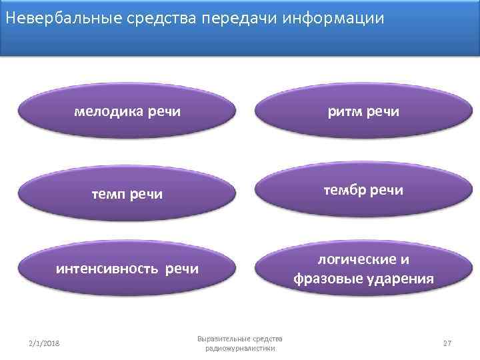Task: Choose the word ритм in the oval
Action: pos(343,111)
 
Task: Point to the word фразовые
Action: pos(326,279)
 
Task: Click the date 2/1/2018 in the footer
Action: pos(44,343)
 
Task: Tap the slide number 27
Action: pos(447,343)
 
